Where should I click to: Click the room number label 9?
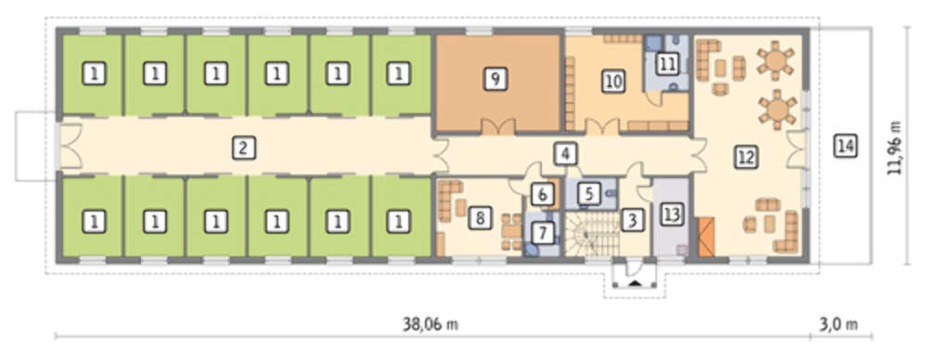point(496,79)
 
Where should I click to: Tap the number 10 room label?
point(613,81)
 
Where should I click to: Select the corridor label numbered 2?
point(242,148)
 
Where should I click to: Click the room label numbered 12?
point(746,156)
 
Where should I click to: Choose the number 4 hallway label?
point(565,154)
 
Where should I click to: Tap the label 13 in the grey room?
point(670,214)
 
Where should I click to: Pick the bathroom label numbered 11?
point(667,63)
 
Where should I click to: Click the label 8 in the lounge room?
point(480,217)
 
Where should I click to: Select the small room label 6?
point(542,193)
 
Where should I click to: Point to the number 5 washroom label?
point(585,192)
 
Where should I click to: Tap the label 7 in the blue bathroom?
point(542,233)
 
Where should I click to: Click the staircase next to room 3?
point(590,235)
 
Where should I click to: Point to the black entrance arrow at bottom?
point(636,285)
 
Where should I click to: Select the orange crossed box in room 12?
point(706,237)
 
